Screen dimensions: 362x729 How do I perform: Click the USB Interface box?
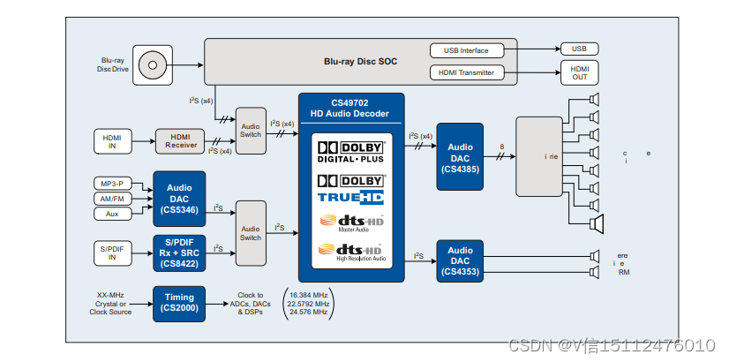tap(472, 50)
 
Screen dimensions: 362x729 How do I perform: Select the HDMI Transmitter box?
tap(472, 72)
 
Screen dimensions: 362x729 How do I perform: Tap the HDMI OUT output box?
tap(579, 73)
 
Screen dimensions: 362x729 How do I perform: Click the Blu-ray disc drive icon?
tap(154, 64)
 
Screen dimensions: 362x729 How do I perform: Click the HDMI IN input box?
tap(112, 140)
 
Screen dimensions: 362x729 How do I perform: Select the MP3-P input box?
tap(112, 183)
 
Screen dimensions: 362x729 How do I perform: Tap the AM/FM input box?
tap(112, 198)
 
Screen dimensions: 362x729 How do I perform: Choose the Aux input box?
tap(112, 214)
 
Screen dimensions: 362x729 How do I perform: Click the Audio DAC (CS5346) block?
tap(179, 198)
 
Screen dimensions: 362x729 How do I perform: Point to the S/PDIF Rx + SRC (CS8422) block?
tap(179, 251)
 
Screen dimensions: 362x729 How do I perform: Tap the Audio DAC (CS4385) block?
tap(460, 157)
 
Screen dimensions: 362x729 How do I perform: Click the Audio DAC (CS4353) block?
tap(460, 261)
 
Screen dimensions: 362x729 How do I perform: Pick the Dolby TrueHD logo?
tap(350, 190)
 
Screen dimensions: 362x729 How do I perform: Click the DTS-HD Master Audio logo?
tap(350, 222)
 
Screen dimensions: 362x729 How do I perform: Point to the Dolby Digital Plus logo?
tap(350, 151)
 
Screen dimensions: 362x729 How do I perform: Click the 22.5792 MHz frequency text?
tap(307, 303)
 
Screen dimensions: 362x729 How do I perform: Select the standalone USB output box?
tap(579, 49)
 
